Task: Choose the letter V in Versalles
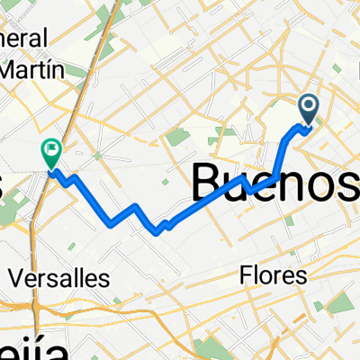(13, 276)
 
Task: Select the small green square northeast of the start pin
(338, 70)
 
